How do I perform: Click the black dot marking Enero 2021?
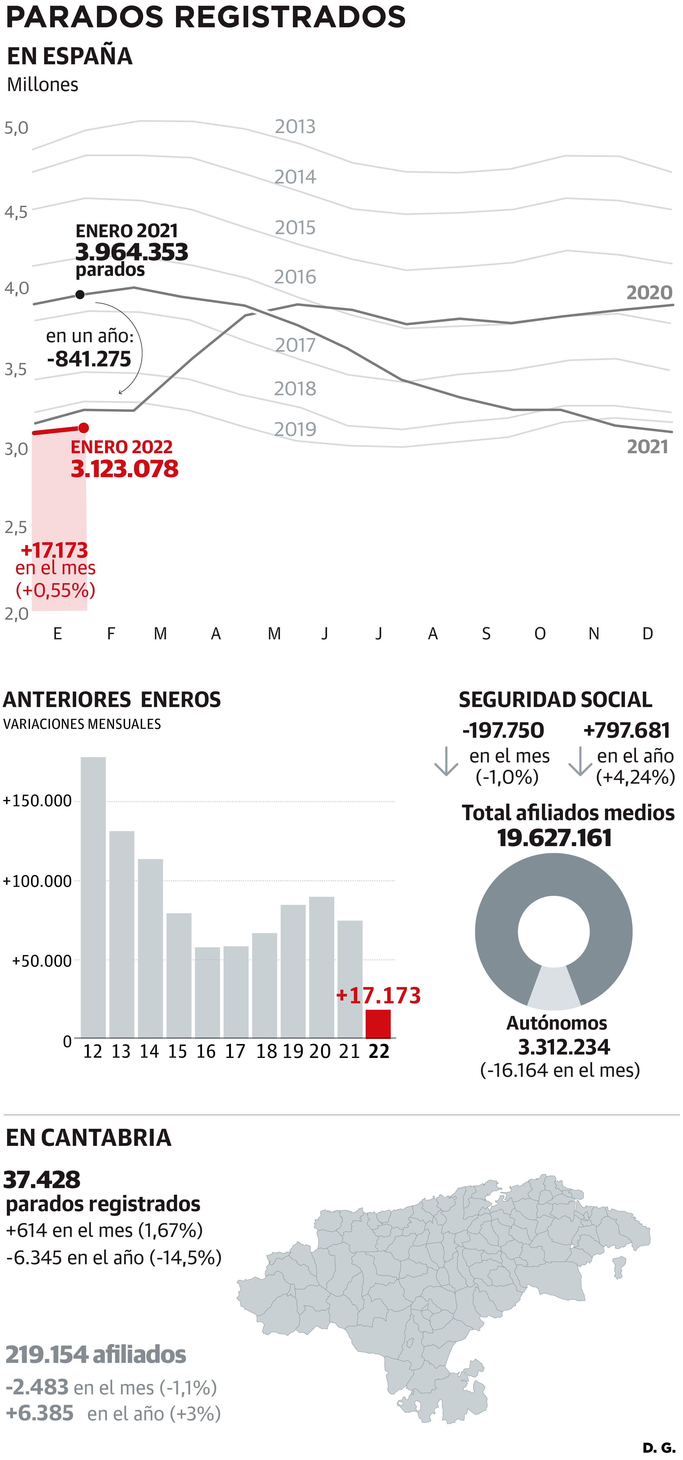coord(80,294)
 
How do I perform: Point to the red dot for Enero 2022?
coord(83,427)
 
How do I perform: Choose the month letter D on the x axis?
coord(647,634)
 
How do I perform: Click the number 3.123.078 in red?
coord(124,469)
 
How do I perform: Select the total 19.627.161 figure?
coord(554,838)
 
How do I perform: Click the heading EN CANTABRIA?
coord(89,1137)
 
